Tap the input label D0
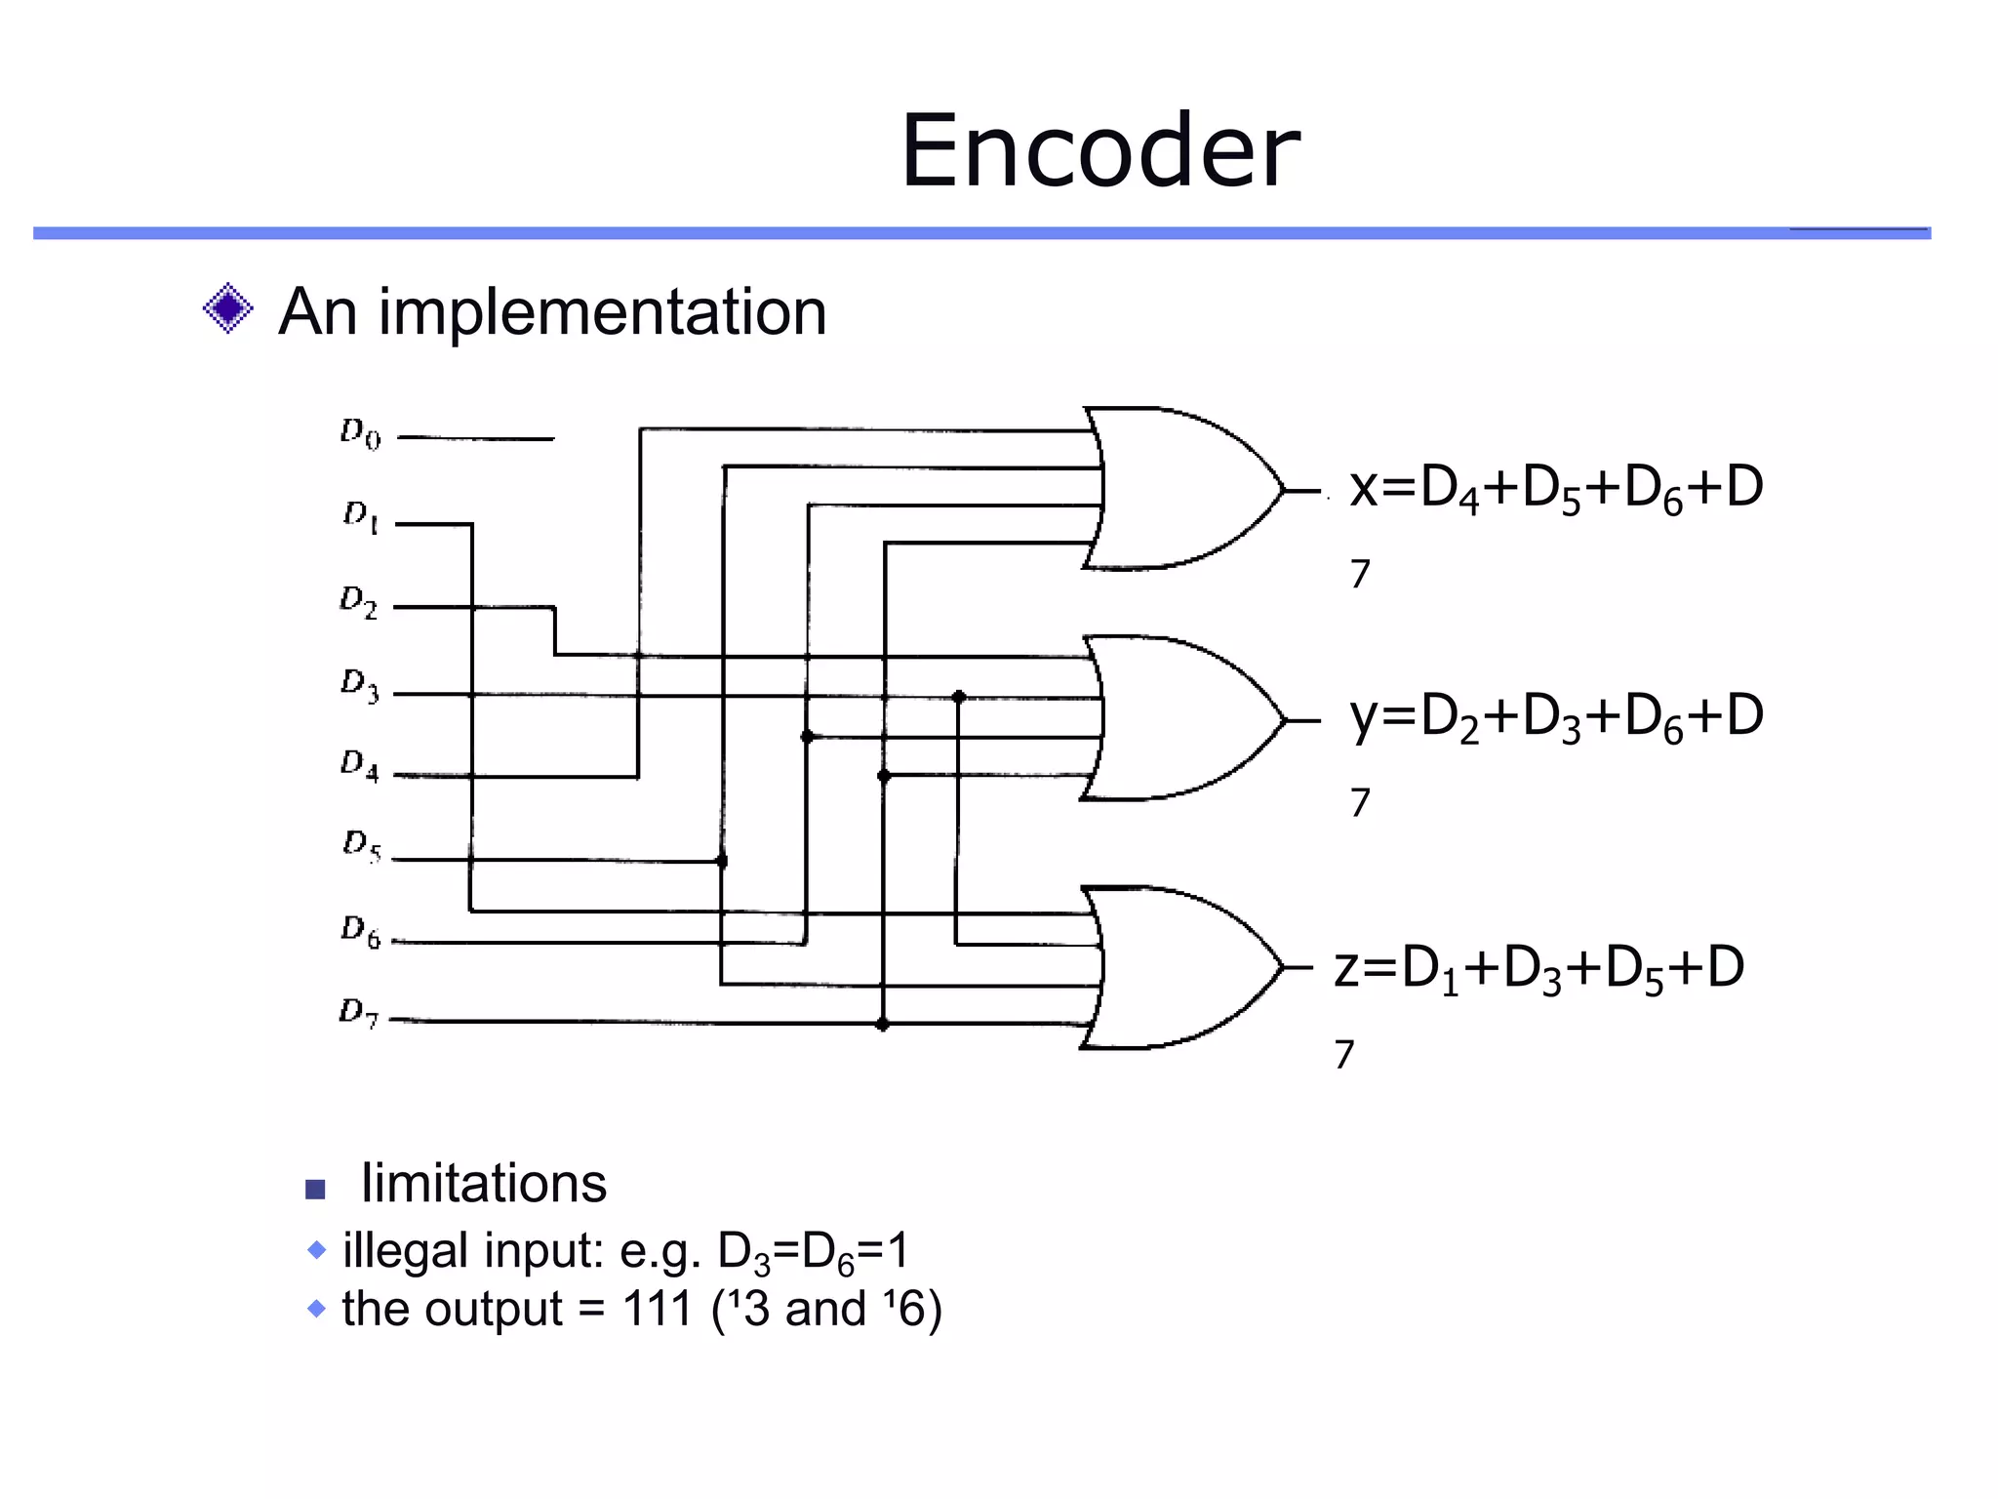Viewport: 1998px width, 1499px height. [360, 433]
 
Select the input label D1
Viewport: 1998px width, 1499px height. [360, 516]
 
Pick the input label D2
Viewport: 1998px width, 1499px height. [358, 601]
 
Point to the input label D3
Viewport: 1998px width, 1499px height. [359, 685]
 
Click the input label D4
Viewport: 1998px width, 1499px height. [359, 765]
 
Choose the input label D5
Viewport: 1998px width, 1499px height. [361, 845]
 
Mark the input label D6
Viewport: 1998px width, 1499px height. [360, 931]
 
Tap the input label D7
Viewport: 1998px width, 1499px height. [358, 1012]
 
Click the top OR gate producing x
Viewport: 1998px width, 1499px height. [1180, 489]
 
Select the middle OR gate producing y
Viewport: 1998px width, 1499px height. [1180, 719]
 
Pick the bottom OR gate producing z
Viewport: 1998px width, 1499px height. [1180, 967]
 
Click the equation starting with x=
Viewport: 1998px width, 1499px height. [1555, 488]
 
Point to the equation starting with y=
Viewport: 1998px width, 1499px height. [1555, 717]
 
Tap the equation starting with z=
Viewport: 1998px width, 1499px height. [1538, 969]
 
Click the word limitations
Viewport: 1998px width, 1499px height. [483, 1184]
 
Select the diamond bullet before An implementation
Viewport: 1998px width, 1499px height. [228, 309]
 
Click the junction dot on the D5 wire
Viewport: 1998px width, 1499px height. [722, 861]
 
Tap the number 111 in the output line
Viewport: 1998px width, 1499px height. [657, 1309]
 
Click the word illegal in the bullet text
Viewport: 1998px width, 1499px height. [404, 1250]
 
